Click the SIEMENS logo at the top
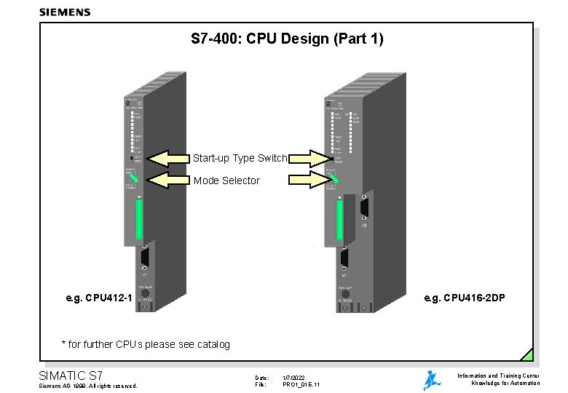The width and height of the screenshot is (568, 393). (65, 12)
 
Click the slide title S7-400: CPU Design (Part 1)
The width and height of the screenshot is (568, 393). (287, 38)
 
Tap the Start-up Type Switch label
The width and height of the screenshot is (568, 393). (240, 158)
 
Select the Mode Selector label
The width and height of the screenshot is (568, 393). (226, 180)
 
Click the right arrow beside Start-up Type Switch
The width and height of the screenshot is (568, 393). (310, 157)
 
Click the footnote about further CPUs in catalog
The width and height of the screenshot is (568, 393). (146, 344)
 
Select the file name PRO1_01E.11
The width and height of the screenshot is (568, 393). (301, 384)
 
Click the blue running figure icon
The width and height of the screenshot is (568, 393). (432, 380)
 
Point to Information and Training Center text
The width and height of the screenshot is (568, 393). (498, 376)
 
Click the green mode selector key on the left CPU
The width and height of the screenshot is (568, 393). (135, 178)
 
